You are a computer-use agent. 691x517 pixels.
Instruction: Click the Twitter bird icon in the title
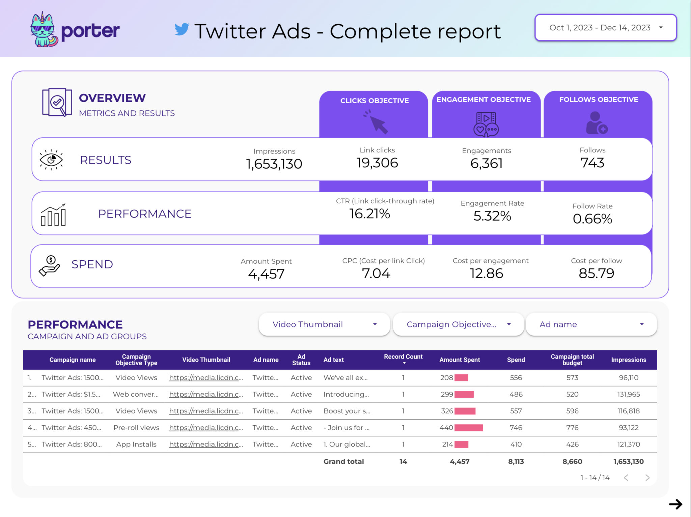[182, 29]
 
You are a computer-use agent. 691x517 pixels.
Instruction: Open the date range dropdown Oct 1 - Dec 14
[605, 28]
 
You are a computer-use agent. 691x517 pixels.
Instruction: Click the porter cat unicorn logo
[44, 29]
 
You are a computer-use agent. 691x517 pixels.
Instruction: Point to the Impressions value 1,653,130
[274, 164]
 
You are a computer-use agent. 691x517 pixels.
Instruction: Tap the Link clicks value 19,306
[377, 163]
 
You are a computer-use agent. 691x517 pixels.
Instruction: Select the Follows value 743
[592, 163]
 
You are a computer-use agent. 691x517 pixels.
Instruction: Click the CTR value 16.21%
[369, 214]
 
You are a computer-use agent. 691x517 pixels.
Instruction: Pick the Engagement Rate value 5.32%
[492, 216]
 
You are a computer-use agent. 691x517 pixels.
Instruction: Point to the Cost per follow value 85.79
[596, 273]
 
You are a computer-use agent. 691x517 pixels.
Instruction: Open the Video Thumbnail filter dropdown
[324, 324]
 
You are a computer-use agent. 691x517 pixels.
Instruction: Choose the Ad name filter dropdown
[591, 324]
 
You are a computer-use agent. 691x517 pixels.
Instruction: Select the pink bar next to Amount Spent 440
[468, 428]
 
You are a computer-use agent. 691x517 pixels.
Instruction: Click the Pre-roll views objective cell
[136, 428]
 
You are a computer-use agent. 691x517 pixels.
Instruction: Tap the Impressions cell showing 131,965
[628, 394]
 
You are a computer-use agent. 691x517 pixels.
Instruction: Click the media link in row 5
[206, 444]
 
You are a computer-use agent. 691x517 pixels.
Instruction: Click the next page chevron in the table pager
[647, 478]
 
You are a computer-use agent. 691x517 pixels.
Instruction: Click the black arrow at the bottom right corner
[675, 504]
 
